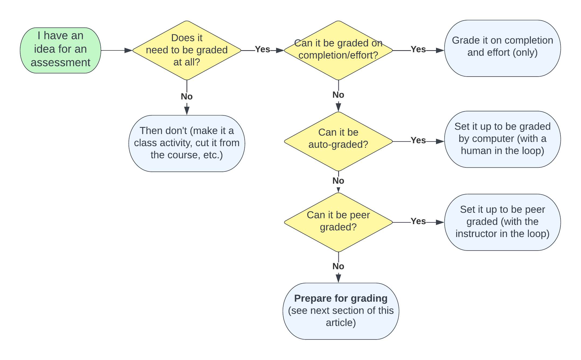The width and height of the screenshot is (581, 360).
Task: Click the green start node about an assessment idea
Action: point(60,50)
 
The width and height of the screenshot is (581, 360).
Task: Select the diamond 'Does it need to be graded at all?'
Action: point(186,50)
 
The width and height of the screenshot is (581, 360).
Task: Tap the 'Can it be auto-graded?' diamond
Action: point(338,141)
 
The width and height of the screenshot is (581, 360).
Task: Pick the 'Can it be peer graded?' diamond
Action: point(338,222)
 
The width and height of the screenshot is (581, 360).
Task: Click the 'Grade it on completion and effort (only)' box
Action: point(502,48)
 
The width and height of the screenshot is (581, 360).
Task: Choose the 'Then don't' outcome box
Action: point(186,143)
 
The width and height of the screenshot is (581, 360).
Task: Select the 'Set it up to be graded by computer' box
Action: point(502,139)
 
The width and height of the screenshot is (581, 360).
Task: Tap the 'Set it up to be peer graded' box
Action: point(502,222)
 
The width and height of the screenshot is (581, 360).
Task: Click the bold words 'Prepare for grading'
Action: point(341,298)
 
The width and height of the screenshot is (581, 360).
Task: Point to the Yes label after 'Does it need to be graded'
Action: point(262,49)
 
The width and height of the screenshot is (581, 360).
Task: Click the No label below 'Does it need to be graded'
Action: point(186,97)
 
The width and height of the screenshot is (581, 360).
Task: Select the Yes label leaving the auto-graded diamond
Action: point(418,140)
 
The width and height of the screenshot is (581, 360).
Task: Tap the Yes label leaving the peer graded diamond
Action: point(418,221)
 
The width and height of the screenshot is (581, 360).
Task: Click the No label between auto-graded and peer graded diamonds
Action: point(338,181)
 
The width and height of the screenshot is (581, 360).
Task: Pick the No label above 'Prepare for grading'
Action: point(338,266)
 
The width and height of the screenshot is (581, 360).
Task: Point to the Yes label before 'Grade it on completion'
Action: point(418,49)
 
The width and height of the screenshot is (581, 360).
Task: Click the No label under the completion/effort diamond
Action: point(338,95)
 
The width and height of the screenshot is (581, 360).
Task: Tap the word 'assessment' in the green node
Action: point(60,63)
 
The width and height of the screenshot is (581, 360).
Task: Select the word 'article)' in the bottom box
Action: point(341,323)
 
